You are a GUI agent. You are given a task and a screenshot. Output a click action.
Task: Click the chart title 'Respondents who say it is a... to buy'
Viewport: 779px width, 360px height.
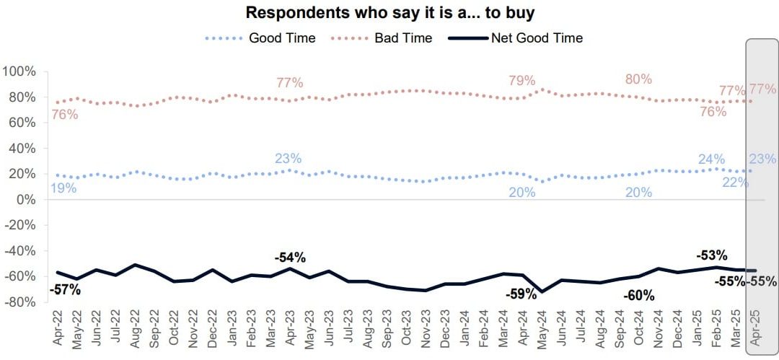click(x=390, y=13)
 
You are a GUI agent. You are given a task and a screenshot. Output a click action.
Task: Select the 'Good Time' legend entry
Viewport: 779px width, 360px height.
click(x=281, y=38)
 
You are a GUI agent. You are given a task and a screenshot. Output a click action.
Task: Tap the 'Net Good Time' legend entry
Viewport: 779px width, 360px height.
click(x=537, y=38)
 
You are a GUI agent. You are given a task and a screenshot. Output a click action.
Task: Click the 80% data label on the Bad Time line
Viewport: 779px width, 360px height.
click(x=638, y=79)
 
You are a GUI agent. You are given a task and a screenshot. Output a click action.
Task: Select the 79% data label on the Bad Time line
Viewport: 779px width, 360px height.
click(x=521, y=80)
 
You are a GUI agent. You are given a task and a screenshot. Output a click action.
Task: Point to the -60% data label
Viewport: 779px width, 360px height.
click(x=638, y=295)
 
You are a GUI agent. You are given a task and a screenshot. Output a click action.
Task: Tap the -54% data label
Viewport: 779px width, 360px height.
click(x=290, y=257)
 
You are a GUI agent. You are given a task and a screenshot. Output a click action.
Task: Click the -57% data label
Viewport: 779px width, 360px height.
click(x=65, y=290)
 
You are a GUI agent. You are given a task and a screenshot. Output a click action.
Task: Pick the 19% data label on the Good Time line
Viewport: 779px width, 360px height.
click(x=63, y=189)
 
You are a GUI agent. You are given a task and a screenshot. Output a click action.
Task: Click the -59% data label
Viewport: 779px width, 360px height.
click(x=521, y=294)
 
